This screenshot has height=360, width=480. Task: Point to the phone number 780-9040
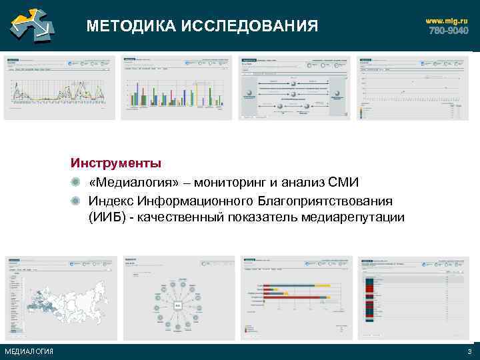pos(448,31)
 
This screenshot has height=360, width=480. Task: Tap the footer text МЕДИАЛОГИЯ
pos(29,352)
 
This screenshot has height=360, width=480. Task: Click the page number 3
pos(469,352)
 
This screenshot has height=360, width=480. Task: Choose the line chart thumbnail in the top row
pos(59,87)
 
